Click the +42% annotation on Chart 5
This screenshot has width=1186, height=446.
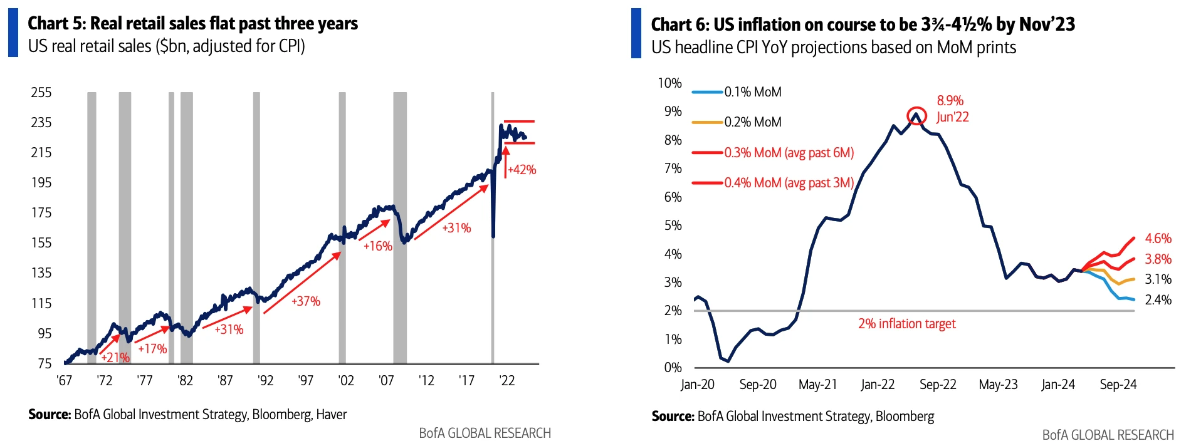[522, 170]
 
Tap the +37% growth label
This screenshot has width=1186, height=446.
[306, 301]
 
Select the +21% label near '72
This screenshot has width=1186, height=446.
[115, 358]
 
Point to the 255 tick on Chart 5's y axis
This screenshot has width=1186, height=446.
[41, 93]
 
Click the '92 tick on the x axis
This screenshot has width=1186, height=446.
[265, 381]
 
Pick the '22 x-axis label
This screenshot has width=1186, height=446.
[506, 381]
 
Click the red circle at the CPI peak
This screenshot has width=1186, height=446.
[917, 116]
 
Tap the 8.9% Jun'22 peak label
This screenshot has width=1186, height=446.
[952, 109]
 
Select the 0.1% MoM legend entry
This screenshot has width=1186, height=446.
[753, 92]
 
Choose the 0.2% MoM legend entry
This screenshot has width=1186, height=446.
[753, 122]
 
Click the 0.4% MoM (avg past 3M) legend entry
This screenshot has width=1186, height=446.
[789, 183]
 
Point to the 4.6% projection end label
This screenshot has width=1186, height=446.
[1158, 239]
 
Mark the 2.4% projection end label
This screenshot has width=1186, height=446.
[1158, 300]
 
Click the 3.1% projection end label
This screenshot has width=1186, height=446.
[1158, 279]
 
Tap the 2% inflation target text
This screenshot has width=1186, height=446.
[906, 324]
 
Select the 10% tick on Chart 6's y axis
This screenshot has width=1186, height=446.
[669, 83]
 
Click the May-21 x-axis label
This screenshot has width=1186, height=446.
[817, 385]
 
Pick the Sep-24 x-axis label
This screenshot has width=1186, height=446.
[1118, 385]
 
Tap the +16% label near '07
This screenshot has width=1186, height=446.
[378, 246]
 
